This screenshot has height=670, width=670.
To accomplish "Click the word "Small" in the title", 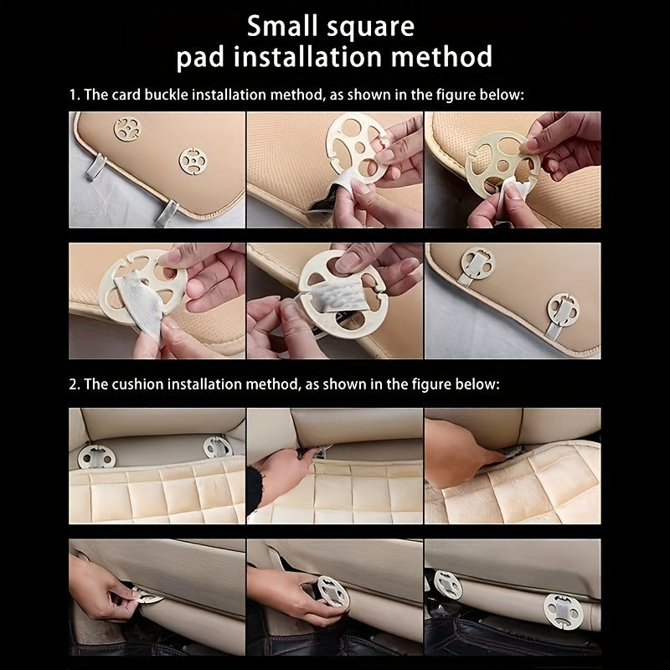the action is tap(283, 26).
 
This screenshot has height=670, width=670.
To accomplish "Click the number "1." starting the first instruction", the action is tap(75, 95).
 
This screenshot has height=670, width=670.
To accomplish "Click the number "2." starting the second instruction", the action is tap(75, 384).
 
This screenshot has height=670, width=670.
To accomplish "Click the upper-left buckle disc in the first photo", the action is tap(127, 129).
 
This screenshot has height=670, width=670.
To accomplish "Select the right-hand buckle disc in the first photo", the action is tap(193, 161).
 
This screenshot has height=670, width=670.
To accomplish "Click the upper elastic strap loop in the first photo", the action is tap(95, 167).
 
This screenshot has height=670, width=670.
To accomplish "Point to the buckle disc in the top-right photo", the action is tap(503, 163).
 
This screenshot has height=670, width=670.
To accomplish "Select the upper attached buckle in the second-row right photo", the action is tap(477, 264).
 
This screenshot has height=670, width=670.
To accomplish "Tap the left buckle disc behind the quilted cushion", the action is tap(96, 457).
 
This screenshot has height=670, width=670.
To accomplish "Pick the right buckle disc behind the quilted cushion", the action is tap(218, 447).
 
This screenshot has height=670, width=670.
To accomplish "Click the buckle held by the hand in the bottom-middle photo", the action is tap(332, 591).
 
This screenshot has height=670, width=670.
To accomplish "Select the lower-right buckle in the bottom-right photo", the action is tap(564, 612).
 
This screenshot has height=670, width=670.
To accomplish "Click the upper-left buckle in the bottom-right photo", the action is tap(448, 585).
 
